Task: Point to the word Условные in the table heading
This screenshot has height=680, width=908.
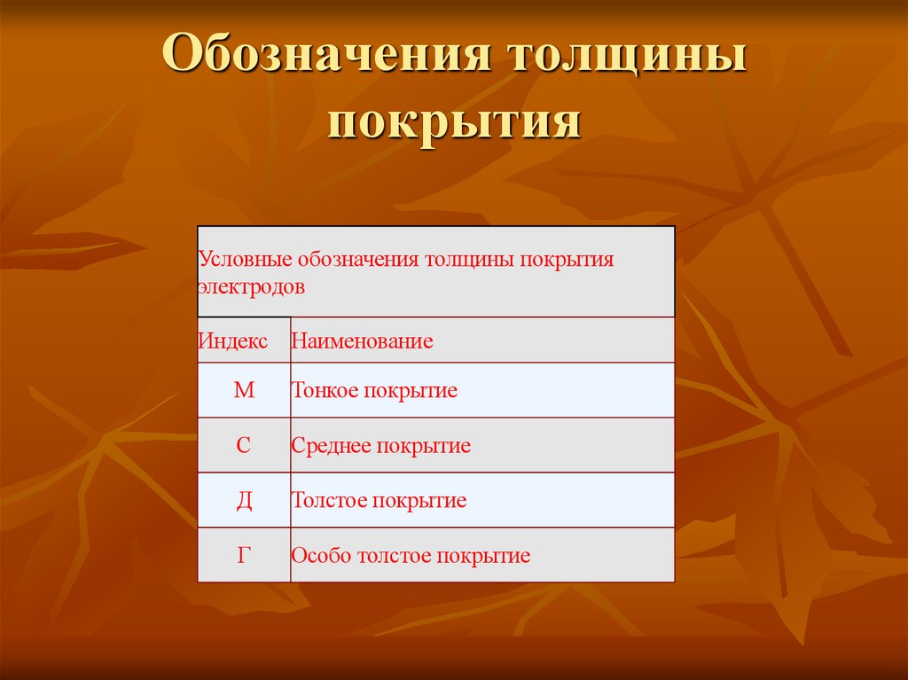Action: click(245, 261)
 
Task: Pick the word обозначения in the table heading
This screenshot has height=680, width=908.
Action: click(359, 261)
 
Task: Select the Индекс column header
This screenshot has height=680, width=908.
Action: click(232, 340)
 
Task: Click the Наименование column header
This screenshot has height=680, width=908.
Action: click(362, 340)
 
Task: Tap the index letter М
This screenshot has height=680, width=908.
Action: click(244, 390)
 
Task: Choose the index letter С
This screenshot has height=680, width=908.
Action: click(244, 445)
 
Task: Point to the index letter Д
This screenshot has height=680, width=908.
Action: click(244, 500)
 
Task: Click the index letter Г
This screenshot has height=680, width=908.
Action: click(244, 555)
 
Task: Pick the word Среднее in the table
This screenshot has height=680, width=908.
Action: click(330, 445)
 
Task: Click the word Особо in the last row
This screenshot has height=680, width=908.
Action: click(320, 556)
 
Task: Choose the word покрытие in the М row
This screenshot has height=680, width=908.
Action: click(410, 390)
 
